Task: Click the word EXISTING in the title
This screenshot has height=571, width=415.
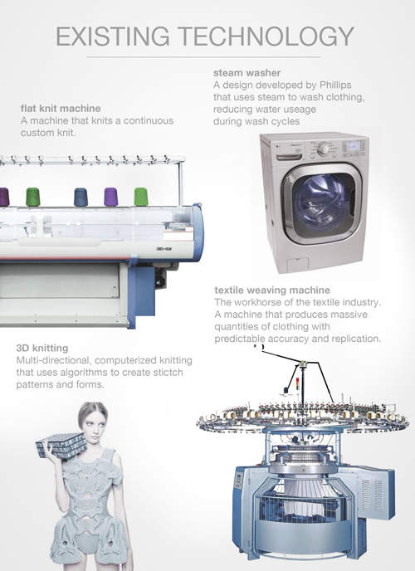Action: pos(113,37)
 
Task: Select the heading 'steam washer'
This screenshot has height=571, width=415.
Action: pos(247,73)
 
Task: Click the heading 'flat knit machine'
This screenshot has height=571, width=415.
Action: pos(61,109)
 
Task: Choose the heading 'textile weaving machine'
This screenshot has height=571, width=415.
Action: pos(272,290)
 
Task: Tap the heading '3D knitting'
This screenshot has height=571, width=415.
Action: pos(42,348)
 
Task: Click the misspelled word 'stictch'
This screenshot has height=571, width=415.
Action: pos(166,373)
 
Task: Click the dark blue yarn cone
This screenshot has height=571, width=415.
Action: pos(81,197)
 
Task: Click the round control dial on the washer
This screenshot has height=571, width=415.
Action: pos(323,149)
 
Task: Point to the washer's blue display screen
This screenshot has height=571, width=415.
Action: pos(354,146)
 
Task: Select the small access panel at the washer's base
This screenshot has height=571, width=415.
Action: pos(298,264)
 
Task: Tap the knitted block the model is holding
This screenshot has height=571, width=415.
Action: pos(61,446)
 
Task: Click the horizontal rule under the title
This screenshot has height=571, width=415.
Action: pos(203,57)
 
